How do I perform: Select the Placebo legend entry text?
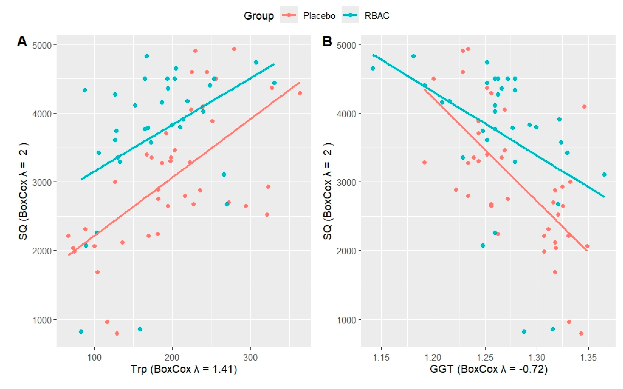319,16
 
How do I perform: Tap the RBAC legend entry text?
377,16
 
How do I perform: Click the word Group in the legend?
258,16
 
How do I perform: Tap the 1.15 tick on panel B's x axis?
381,357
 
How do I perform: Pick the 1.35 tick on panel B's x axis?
588,357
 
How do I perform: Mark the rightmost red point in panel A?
300,93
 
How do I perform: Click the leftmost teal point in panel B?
373,68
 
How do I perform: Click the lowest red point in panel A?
117,333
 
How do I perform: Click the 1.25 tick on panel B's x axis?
485,357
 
